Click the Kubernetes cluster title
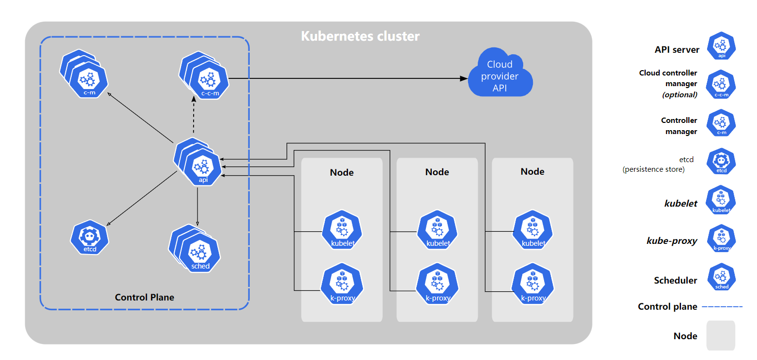pos(360,36)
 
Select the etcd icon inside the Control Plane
pos(90,237)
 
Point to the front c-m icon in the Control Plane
pos(89,80)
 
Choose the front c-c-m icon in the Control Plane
pos(210,80)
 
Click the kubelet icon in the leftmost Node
pos(342,231)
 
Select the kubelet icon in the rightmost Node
pos(533,231)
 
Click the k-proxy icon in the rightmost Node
pos(533,285)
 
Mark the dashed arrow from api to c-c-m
pos(194,116)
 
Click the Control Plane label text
pos(144,297)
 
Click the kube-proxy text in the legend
pos(672,240)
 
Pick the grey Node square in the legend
pos(720,335)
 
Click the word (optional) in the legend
pos(680,95)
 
